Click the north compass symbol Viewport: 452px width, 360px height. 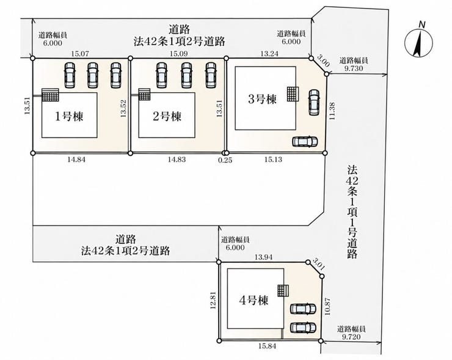(x=418, y=43)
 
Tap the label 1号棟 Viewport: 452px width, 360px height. (x=69, y=117)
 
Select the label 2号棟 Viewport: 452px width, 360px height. (x=167, y=117)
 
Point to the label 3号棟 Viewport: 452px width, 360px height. (x=262, y=99)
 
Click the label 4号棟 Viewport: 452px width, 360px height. (x=253, y=300)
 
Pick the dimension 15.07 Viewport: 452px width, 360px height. (x=80, y=53)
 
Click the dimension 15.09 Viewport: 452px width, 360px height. (x=178, y=53)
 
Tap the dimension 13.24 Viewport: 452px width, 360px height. (x=269, y=53)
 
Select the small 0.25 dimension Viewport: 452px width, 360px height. (x=225, y=160)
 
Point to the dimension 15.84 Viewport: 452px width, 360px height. (x=267, y=346)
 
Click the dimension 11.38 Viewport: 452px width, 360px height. (x=332, y=112)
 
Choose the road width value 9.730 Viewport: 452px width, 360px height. (x=354, y=68)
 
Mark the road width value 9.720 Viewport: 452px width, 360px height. (x=351, y=337)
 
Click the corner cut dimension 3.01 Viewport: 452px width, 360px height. (x=318, y=263)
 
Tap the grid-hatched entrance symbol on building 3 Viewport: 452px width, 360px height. (x=293, y=94)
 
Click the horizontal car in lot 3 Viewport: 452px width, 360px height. (x=305, y=141)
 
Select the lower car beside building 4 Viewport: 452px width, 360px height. (x=303, y=328)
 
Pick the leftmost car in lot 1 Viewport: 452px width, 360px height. (x=70, y=75)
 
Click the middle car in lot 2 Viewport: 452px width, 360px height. (x=186, y=75)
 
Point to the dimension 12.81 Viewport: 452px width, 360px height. (x=213, y=300)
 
